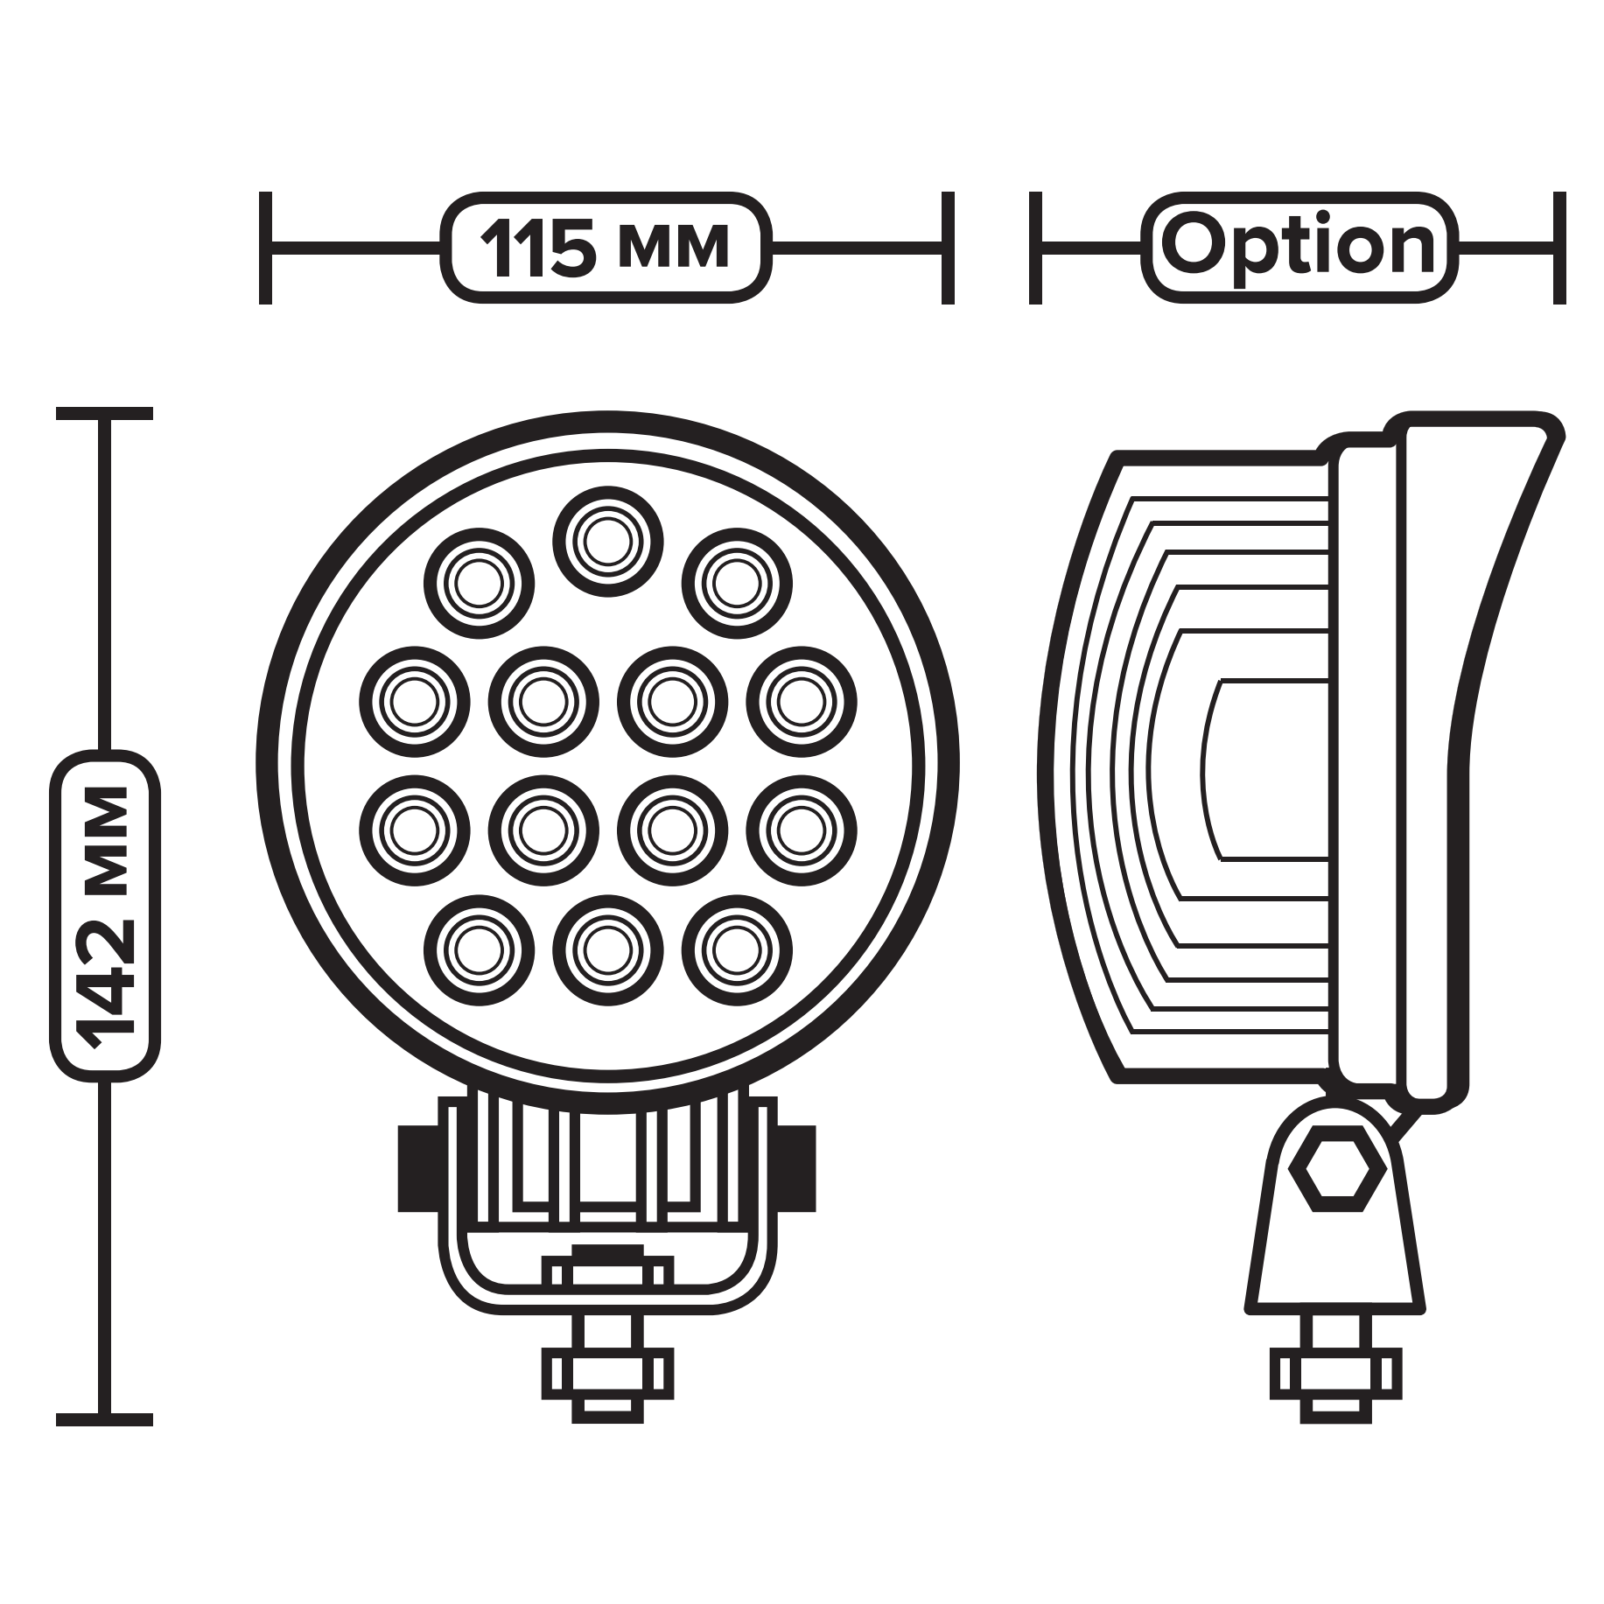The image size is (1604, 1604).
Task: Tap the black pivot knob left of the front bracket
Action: click(417, 1169)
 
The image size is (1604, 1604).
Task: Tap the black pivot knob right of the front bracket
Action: click(796, 1169)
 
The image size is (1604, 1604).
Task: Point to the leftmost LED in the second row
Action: click(414, 701)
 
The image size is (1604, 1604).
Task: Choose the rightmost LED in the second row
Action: click(802, 701)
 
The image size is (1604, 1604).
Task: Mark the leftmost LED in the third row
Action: click(414, 830)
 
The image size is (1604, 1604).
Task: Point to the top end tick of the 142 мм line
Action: click(105, 414)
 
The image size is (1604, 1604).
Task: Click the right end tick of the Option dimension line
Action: click(1558, 249)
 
